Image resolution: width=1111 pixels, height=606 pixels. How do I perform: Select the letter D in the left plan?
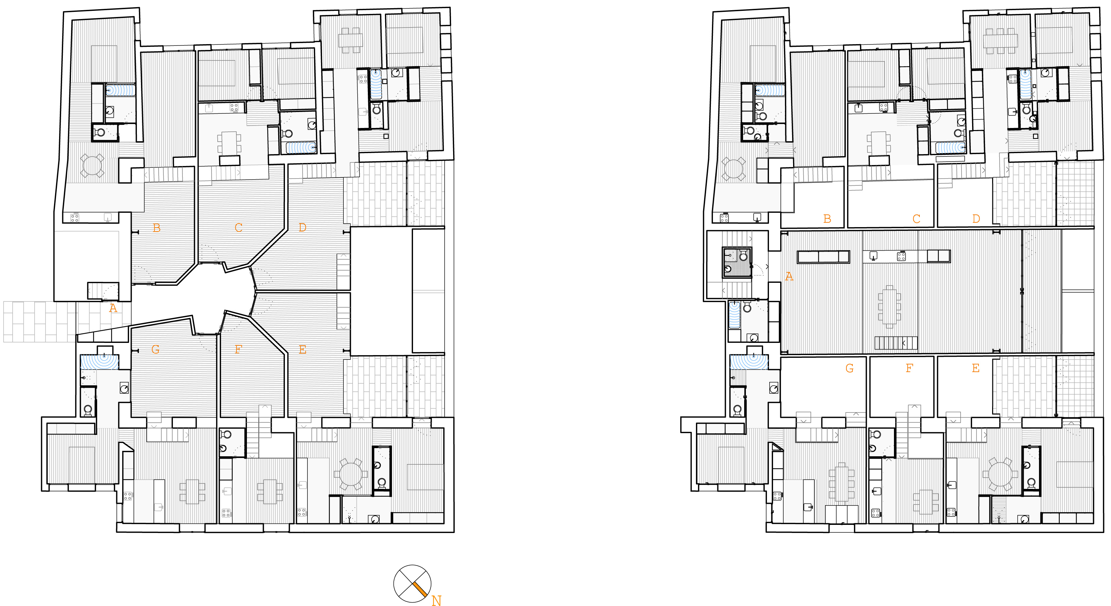[x=302, y=227]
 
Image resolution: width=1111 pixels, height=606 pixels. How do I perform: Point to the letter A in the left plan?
[x=113, y=308]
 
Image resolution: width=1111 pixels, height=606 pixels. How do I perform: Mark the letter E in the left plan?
[x=302, y=350]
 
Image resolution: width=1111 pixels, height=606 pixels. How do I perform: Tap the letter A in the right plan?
[x=789, y=276]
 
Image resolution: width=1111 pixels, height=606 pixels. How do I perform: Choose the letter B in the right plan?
[x=827, y=219]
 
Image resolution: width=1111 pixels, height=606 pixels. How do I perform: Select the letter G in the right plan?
[x=849, y=368]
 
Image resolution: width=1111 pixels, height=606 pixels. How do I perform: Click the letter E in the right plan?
[x=975, y=368]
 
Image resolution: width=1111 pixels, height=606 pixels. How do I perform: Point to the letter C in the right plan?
[x=916, y=219]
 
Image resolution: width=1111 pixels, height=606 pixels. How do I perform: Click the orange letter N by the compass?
[x=436, y=601]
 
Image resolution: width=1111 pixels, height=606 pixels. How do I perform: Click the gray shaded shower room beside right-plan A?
[x=737, y=262]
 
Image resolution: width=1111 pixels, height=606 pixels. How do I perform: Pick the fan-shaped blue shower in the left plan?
[x=100, y=361]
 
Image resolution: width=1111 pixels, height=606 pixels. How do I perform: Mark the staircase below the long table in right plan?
[x=896, y=343]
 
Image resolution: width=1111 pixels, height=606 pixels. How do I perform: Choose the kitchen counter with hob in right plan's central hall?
[x=891, y=256]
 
